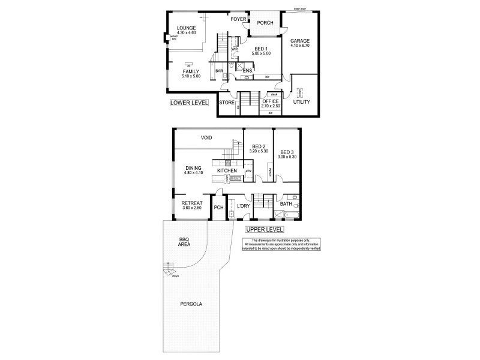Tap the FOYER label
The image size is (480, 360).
click(x=238, y=19)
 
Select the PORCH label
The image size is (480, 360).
click(x=265, y=23)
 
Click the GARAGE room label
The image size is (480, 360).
click(x=300, y=41)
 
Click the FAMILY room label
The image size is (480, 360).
click(x=190, y=71)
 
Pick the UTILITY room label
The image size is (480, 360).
click(x=301, y=102)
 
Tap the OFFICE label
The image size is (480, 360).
click(x=270, y=101)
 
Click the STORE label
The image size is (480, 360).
click(x=227, y=103)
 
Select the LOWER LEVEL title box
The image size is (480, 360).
click(x=189, y=103)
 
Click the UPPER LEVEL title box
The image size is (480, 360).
click(x=264, y=229)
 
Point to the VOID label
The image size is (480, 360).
click(x=207, y=138)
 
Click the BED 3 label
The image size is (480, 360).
click(x=286, y=152)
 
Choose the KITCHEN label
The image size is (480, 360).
click(x=227, y=172)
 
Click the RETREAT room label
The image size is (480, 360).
click(x=192, y=203)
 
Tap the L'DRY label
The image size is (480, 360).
click(x=243, y=206)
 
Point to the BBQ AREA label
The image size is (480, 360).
click(x=184, y=242)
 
